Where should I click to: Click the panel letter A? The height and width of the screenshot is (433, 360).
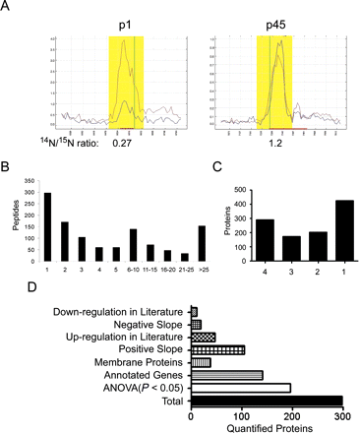[x=8, y=8]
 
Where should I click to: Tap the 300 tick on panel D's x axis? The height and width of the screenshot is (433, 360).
[x=344, y=413]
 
